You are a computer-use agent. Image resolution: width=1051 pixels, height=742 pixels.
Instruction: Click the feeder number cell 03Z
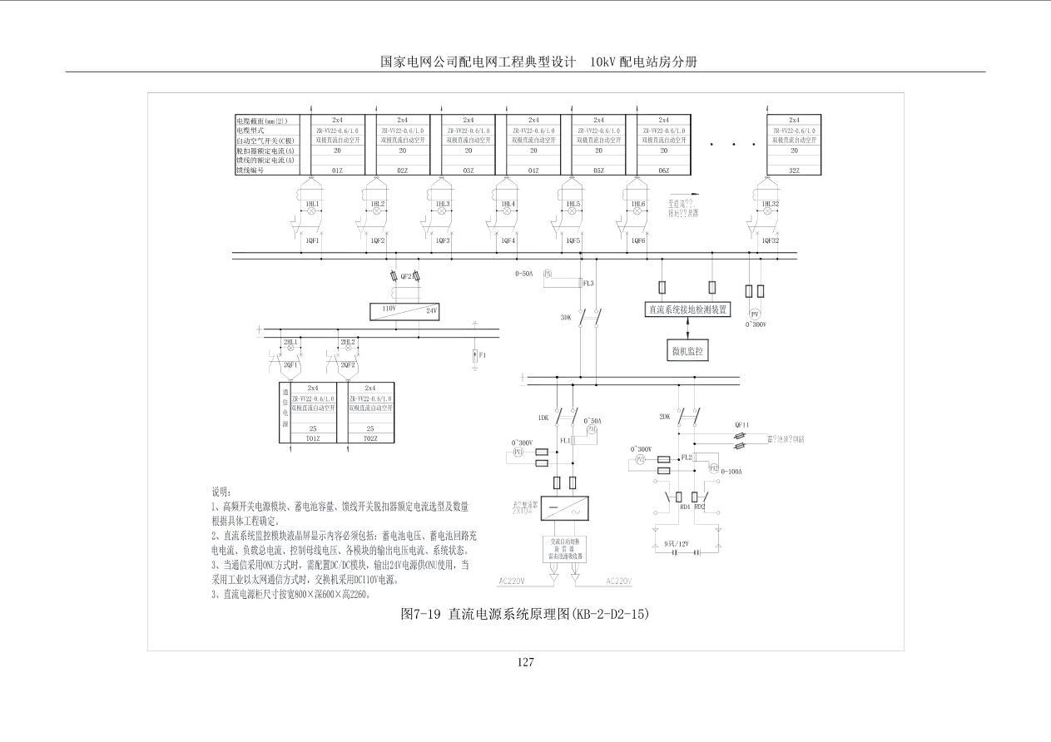468,171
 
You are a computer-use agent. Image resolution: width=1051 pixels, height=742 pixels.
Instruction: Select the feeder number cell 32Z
794,171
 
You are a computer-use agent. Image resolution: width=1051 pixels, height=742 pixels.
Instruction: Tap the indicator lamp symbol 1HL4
506,212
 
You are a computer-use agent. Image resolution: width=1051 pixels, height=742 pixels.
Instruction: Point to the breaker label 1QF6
637,241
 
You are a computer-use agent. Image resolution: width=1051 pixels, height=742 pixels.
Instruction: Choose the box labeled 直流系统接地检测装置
687,310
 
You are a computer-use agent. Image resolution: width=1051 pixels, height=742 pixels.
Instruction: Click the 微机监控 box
687,352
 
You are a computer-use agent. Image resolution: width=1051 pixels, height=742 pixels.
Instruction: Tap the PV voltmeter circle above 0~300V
755,314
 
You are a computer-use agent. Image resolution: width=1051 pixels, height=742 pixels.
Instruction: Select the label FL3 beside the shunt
588,284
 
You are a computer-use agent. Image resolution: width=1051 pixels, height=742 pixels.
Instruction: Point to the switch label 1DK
543,418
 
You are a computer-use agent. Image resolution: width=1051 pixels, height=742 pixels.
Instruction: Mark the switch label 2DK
664,418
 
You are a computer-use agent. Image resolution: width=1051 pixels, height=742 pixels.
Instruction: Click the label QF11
741,424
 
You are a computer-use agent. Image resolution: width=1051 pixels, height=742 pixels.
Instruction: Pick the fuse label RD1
685,506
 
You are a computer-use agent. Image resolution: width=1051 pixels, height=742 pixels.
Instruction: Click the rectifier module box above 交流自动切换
565,507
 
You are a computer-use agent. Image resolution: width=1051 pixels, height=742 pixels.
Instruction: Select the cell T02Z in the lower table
370,438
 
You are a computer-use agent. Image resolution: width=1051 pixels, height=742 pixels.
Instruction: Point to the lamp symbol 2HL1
290,343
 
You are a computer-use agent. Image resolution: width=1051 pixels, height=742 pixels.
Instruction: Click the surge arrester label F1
483,355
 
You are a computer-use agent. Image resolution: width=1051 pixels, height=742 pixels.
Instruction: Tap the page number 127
525,662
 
